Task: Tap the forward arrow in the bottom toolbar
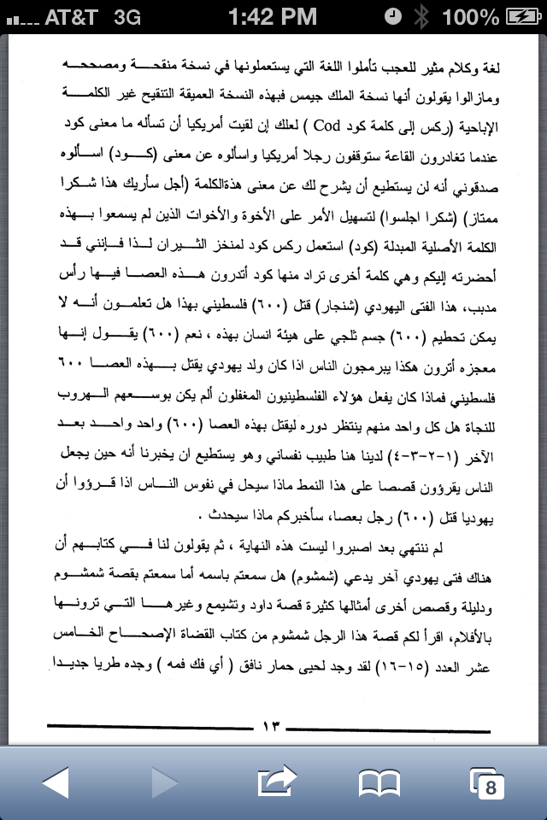tap(163, 782)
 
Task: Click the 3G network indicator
tap(126, 16)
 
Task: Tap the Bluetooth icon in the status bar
tap(421, 16)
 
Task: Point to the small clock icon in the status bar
tap(392, 16)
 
